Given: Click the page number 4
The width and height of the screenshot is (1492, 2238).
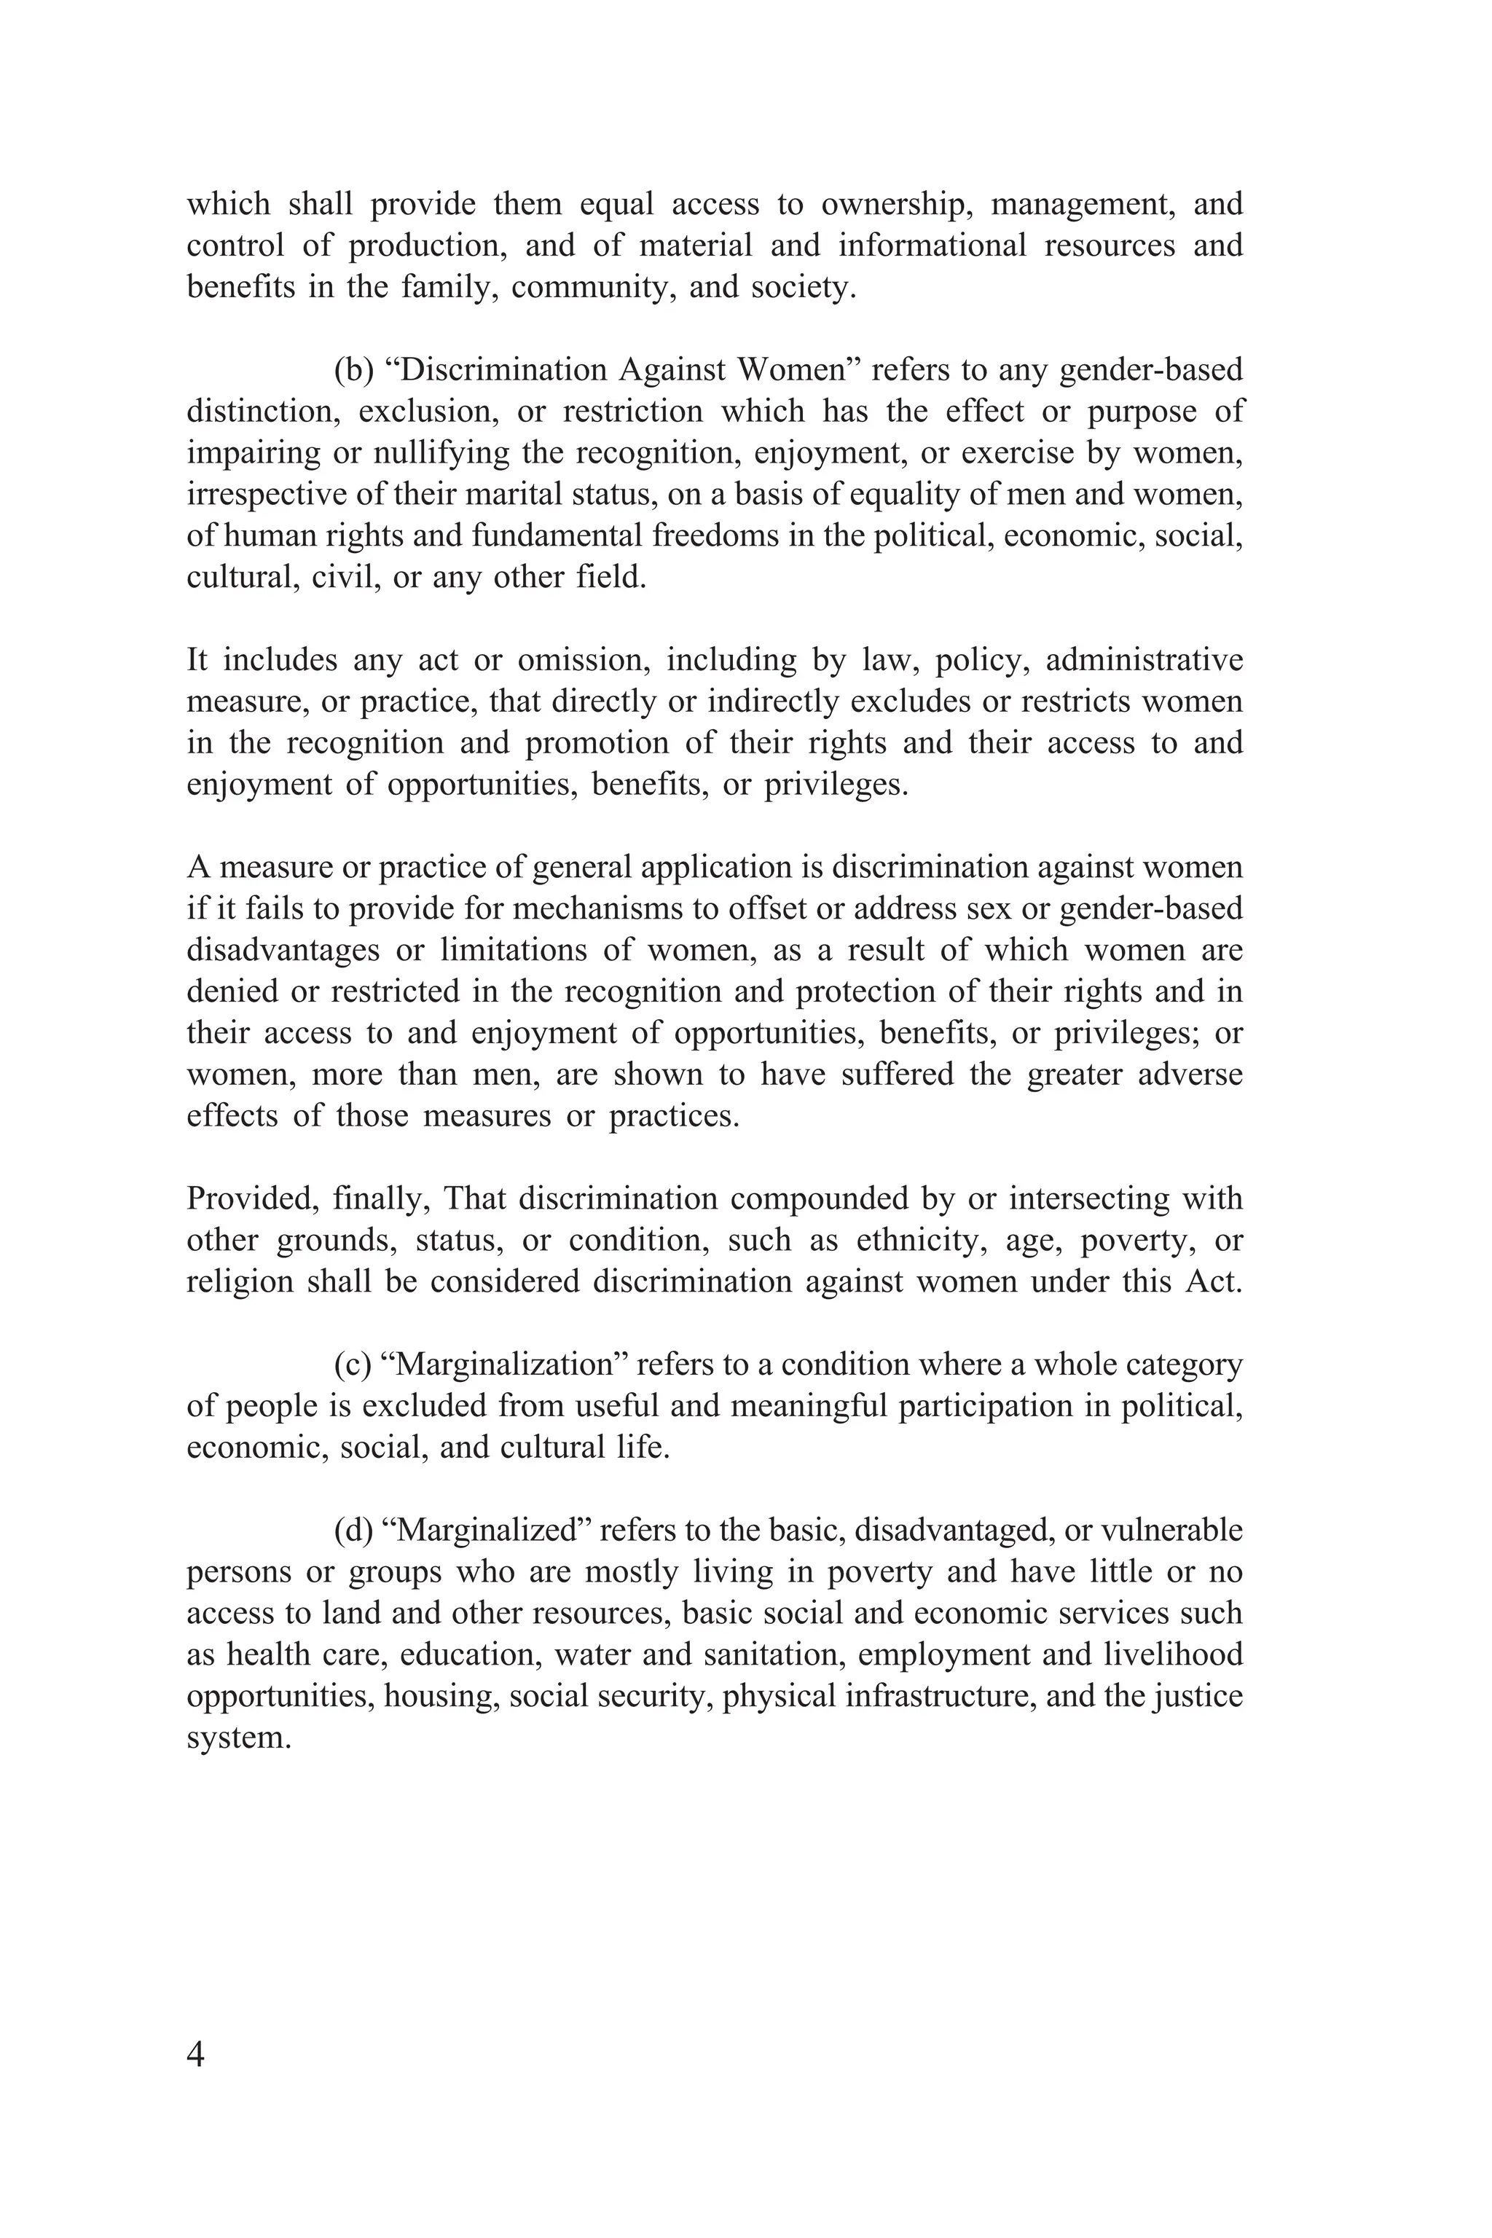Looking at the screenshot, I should coord(196,2054).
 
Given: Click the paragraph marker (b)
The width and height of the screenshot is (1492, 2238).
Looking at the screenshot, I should coord(355,369).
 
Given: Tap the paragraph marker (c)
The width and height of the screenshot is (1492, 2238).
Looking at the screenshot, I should coord(353,1365).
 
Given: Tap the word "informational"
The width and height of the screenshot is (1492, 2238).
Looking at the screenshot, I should coord(932,246).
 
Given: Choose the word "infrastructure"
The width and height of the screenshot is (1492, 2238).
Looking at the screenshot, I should coord(938,1696).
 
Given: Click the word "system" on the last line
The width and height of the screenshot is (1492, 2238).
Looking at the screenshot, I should coord(238,1738).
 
